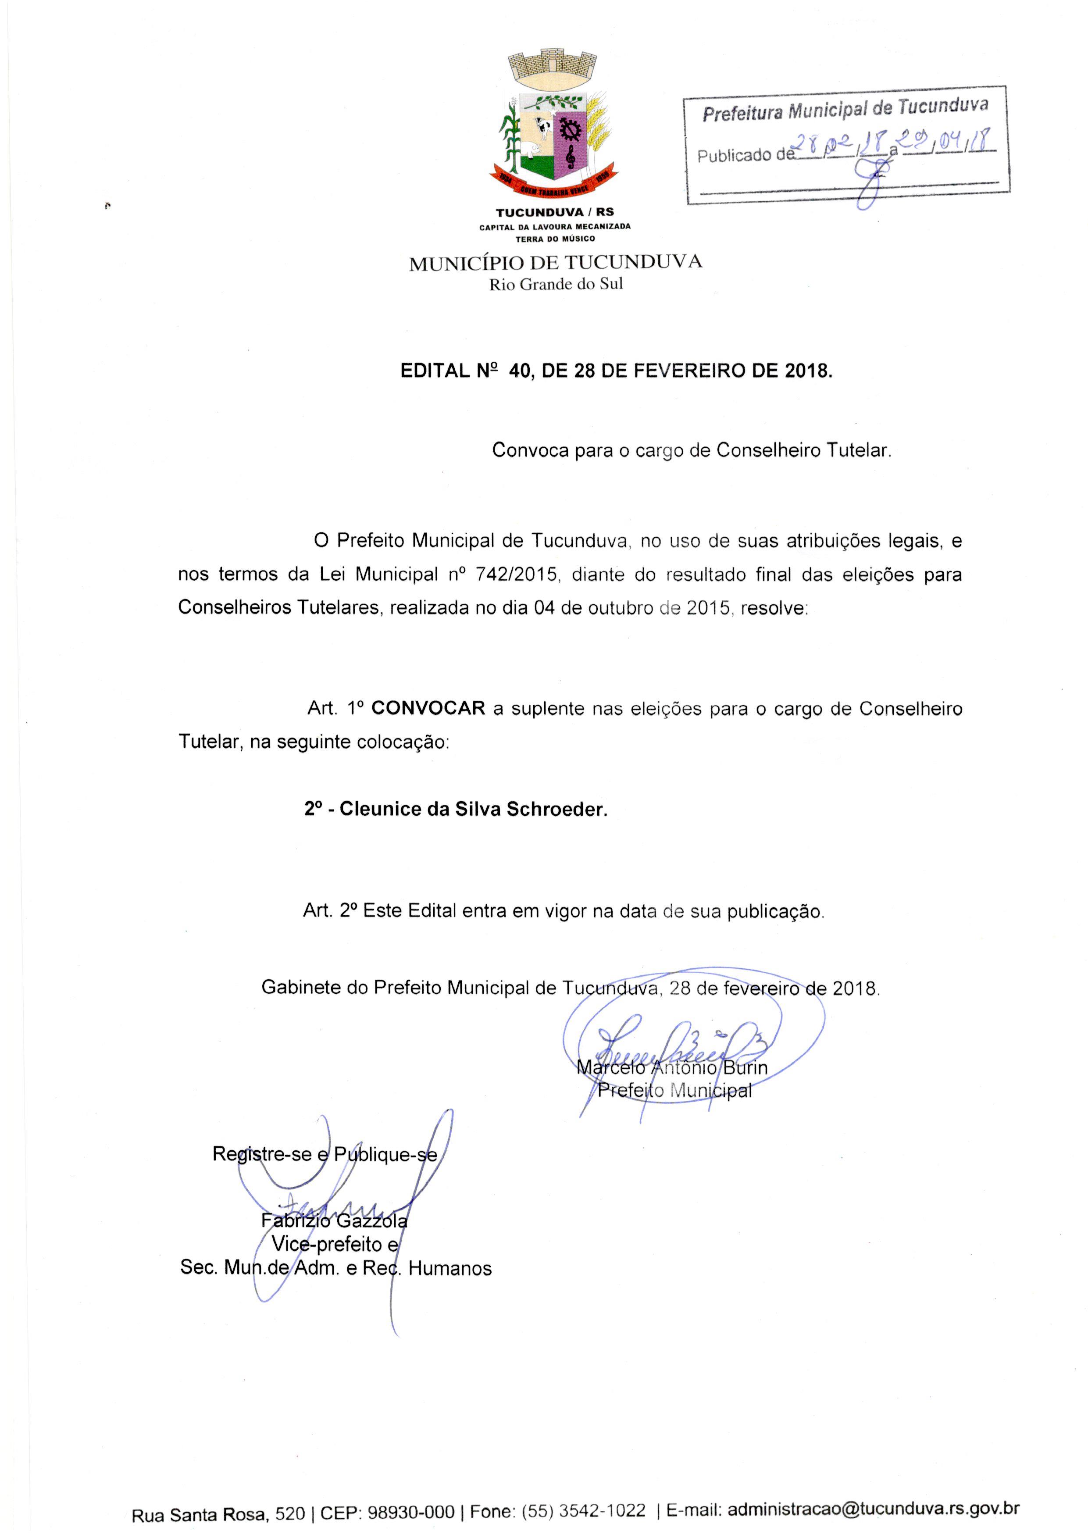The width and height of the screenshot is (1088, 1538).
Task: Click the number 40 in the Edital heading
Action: pos(521,371)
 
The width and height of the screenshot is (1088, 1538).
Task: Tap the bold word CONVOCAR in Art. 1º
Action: pos(428,708)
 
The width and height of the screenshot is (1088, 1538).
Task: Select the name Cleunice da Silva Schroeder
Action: pos(473,809)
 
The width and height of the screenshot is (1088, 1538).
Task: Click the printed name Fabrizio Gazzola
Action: pos(334,1220)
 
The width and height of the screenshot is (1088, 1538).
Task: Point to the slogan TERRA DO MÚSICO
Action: pos(555,239)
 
